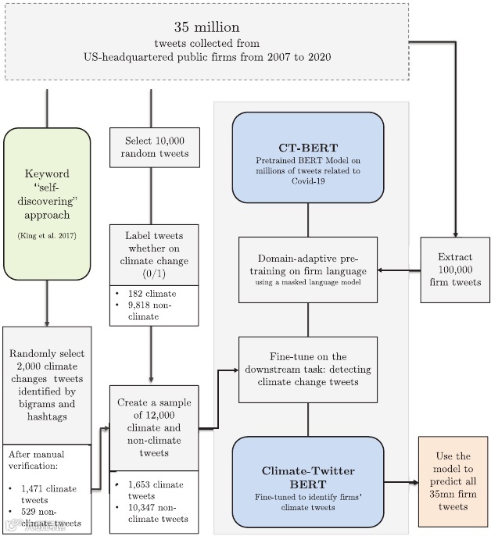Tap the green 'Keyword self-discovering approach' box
47,203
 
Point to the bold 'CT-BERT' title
307,148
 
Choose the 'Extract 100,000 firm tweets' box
454,270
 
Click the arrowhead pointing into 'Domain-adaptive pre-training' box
382,271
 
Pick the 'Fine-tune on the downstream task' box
307,369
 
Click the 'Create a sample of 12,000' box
154,428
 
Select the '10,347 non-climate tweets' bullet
159,513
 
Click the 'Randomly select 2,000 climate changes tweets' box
46,386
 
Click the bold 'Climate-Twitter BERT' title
307,477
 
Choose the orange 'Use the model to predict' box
453,481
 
